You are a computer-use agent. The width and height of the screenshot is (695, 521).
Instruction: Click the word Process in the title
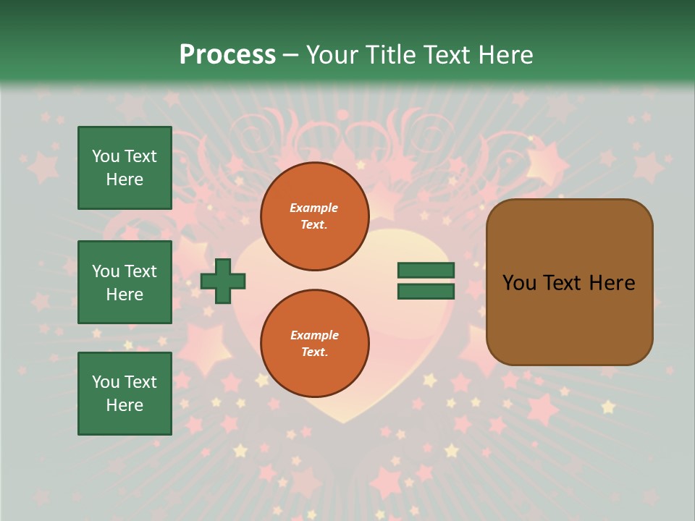pyautogui.click(x=227, y=55)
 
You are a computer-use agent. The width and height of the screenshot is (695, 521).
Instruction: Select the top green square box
pyautogui.click(x=125, y=168)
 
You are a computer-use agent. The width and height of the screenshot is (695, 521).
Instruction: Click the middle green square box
pyautogui.click(x=125, y=282)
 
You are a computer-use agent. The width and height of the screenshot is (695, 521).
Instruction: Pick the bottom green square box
pyautogui.click(x=125, y=394)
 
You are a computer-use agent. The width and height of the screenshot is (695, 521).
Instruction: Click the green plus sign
pyautogui.click(x=223, y=281)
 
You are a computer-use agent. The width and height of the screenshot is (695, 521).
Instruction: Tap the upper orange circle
pyautogui.click(x=315, y=216)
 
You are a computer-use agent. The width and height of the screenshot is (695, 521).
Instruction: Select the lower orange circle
pyautogui.click(x=315, y=344)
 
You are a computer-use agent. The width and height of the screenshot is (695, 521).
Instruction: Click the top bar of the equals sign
pyautogui.click(x=426, y=271)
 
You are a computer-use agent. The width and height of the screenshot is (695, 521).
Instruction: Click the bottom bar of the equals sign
pyautogui.click(x=426, y=292)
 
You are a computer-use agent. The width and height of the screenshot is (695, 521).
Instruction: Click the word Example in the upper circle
pyautogui.click(x=313, y=208)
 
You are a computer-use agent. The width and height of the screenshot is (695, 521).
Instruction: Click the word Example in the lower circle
pyautogui.click(x=313, y=336)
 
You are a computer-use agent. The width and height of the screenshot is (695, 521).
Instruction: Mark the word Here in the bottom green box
pyautogui.click(x=125, y=405)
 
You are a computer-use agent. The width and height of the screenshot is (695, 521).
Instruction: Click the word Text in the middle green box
pyautogui.click(x=140, y=271)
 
